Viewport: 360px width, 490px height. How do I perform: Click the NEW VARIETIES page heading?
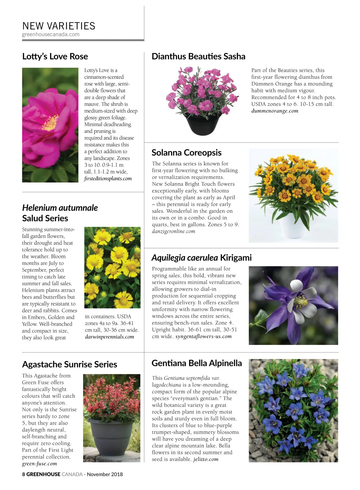pyautogui.click(x=59, y=26)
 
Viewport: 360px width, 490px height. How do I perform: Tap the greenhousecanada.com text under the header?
pyautogui.click(x=51, y=34)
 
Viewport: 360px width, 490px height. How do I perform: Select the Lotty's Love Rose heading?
pyautogui.click(x=55, y=56)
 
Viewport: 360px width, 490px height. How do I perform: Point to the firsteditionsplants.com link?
pyautogui.click(x=108, y=179)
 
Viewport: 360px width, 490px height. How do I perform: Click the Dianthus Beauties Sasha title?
pyautogui.click(x=198, y=56)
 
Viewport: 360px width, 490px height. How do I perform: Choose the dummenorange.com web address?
pyautogui.click(x=275, y=111)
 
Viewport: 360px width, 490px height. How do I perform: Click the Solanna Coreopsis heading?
pyautogui.click(x=186, y=153)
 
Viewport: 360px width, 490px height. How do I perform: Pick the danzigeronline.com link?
pyautogui.click(x=173, y=231)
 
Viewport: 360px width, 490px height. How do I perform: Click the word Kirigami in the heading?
pyautogui.click(x=236, y=258)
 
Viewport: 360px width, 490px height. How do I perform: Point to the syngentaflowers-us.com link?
pyautogui.click(x=203, y=336)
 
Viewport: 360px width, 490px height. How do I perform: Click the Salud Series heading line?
pyautogui.click(x=45, y=218)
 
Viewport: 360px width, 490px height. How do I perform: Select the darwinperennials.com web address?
pyautogui.click(x=109, y=337)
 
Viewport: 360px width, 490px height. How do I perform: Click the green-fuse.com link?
pyautogui.click(x=39, y=464)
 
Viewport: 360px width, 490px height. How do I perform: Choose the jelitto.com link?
pyautogui.click(x=206, y=459)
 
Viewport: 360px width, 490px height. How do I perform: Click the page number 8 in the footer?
pyautogui.click(x=24, y=474)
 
